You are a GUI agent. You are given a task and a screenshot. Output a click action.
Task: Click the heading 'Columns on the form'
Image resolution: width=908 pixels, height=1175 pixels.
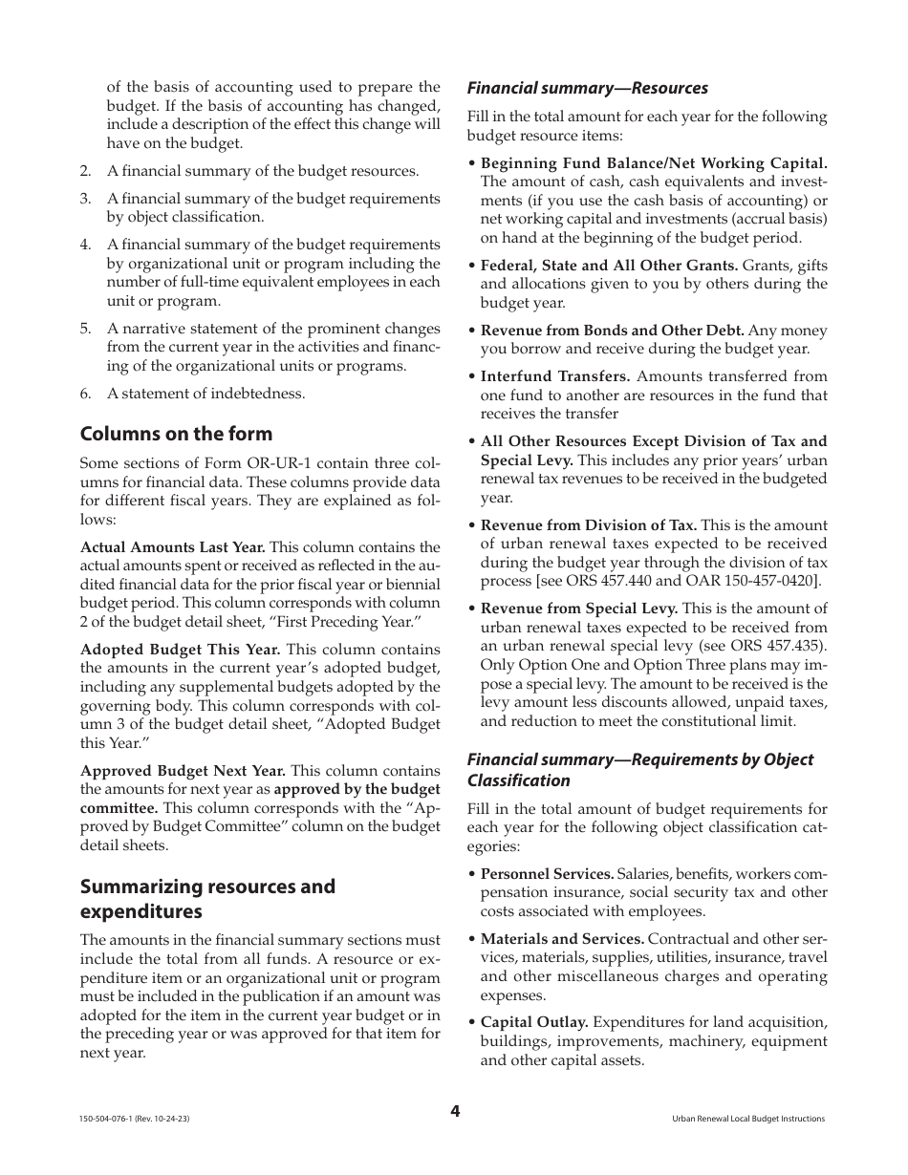coord(176,433)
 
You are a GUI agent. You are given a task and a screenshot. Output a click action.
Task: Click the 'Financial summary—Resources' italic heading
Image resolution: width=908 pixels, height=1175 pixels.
coord(587,88)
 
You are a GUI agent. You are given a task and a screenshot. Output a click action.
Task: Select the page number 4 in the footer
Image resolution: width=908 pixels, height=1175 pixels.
coord(455,1111)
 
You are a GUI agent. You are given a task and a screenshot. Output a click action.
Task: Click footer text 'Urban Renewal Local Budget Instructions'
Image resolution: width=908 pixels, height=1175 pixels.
coord(747,1119)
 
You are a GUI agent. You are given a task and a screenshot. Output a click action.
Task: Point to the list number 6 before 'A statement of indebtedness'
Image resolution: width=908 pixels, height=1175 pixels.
coord(85,393)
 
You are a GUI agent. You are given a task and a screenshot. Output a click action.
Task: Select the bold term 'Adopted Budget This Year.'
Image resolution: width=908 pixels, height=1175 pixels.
coord(180,650)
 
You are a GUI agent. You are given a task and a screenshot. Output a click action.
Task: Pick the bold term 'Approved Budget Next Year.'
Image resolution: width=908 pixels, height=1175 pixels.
coord(183,770)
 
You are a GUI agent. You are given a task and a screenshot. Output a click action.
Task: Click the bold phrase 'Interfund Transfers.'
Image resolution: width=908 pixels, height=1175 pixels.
coord(554,376)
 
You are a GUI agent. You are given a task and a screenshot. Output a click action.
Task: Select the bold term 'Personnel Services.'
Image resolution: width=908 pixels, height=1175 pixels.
coord(547,873)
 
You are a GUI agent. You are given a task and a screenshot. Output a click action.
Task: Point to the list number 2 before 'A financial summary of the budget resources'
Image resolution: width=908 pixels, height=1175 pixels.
coord(85,171)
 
